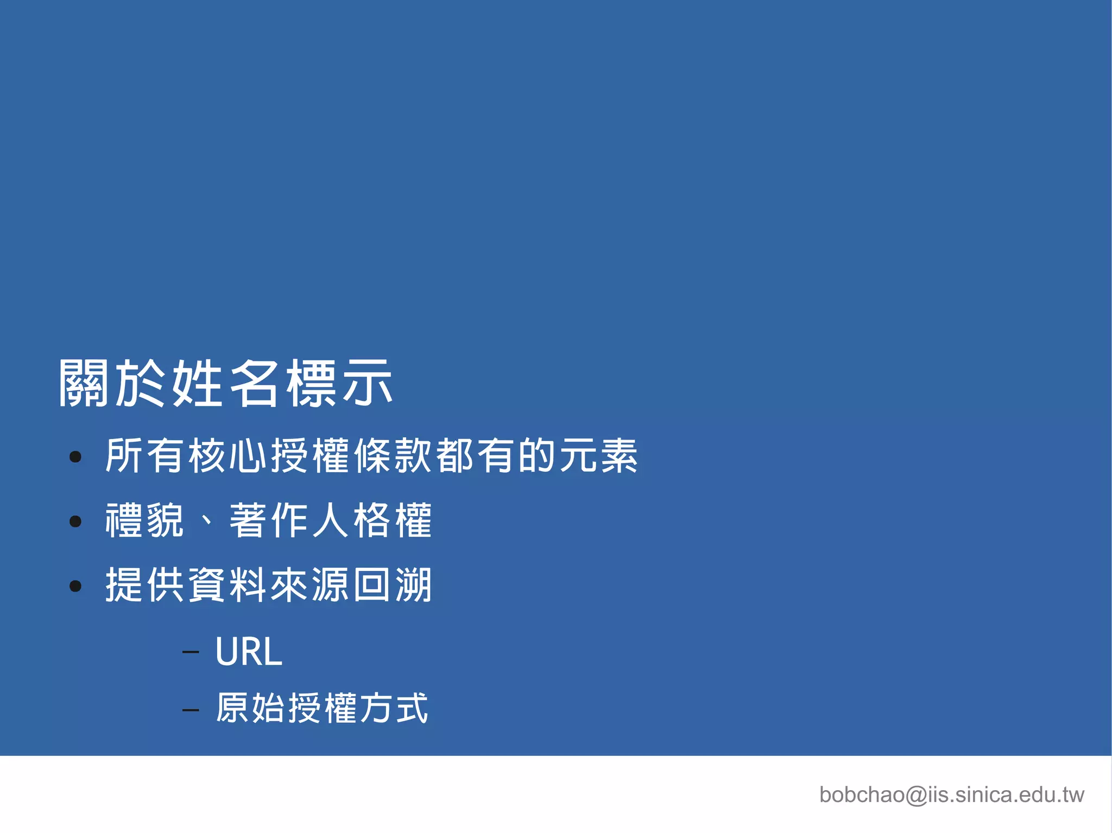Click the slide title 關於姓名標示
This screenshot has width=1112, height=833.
[x=225, y=383]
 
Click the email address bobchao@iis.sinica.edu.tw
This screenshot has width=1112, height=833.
[x=951, y=795]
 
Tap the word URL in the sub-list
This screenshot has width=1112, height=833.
[x=249, y=651]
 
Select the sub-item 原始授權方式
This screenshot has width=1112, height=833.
[x=322, y=708]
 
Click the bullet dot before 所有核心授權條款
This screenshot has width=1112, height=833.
[x=75, y=457]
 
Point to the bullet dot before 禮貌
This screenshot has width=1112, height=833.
[x=75, y=522]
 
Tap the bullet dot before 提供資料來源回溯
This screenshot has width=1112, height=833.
[x=75, y=586]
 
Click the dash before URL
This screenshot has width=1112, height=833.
[x=191, y=651]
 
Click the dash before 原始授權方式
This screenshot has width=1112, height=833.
[x=191, y=709]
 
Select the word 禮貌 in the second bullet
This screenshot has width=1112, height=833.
[x=145, y=520]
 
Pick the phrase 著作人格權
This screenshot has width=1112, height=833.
[x=331, y=520]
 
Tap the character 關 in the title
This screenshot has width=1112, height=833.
[x=84, y=383]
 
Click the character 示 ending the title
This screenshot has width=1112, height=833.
[x=368, y=383]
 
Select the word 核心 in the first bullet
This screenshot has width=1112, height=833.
[x=228, y=456]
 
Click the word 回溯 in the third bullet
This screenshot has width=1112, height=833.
[x=393, y=585]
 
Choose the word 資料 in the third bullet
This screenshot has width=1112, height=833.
[x=228, y=585]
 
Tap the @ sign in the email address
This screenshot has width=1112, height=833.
[x=917, y=796]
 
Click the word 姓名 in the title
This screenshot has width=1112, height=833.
[x=225, y=383]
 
